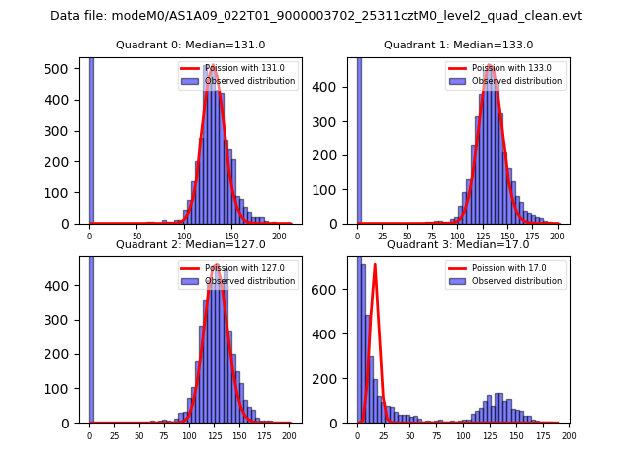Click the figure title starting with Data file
[316, 16]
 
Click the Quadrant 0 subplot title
[190, 45]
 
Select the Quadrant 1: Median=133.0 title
[458, 45]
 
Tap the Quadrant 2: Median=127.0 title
[190, 244]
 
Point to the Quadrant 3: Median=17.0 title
[458, 244]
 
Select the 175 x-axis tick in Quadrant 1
[533, 237]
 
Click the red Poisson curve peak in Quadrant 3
[375, 265]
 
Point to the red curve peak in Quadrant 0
[212, 67]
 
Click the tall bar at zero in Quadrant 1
[358, 139]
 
